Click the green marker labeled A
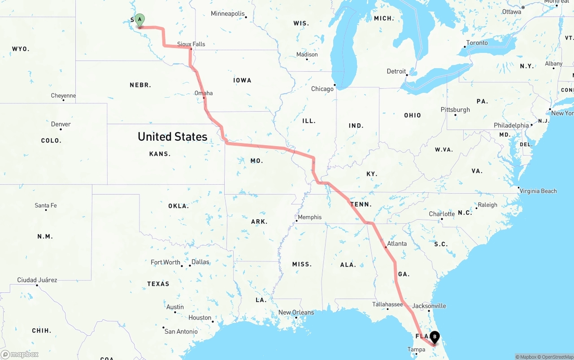pyautogui.click(x=139, y=20)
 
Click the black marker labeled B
pyautogui.click(x=435, y=338)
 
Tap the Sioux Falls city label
pyautogui.click(x=191, y=44)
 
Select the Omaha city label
pyautogui.click(x=204, y=93)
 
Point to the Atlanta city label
pyautogui.click(x=397, y=243)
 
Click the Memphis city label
pyautogui.click(x=309, y=217)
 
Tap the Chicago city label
pyautogui.click(x=322, y=89)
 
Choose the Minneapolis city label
pyautogui.click(x=228, y=14)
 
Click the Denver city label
pyautogui.click(x=61, y=124)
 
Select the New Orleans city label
pyautogui.click(x=296, y=312)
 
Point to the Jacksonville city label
pyautogui.click(x=429, y=306)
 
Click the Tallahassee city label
pyautogui.click(x=387, y=304)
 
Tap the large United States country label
pyautogui.click(x=173, y=137)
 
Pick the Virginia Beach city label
pyautogui.click(x=538, y=191)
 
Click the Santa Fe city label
pyautogui.click(x=46, y=205)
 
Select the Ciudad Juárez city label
pyautogui.click(x=37, y=280)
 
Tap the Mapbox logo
pyautogui.click(x=20, y=354)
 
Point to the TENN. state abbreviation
pyautogui.click(x=361, y=204)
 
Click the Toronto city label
pyautogui.click(x=477, y=43)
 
